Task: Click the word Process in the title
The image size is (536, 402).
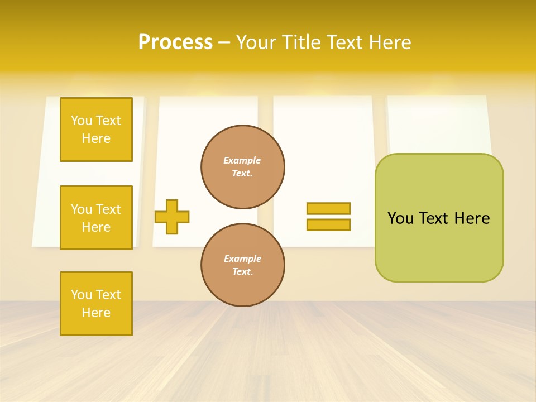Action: coord(175,42)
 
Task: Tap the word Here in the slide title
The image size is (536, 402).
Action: coord(391,42)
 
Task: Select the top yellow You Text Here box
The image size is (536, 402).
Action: coord(96,130)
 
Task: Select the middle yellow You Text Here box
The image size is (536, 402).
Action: coord(96,218)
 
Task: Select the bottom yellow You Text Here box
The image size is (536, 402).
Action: coord(96,304)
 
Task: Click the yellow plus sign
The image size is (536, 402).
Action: coord(172,217)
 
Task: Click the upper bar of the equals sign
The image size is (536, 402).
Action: coord(328,208)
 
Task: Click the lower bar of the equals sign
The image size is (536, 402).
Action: coord(328,224)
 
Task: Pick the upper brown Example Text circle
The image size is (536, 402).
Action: coord(243,167)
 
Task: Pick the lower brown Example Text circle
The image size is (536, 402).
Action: coord(243,265)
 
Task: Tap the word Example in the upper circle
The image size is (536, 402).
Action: coord(242,160)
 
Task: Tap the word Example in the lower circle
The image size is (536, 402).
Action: coord(242,259)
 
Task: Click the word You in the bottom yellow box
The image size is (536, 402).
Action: coord(81,295)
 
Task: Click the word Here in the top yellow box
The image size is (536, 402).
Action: coord(96,138)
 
